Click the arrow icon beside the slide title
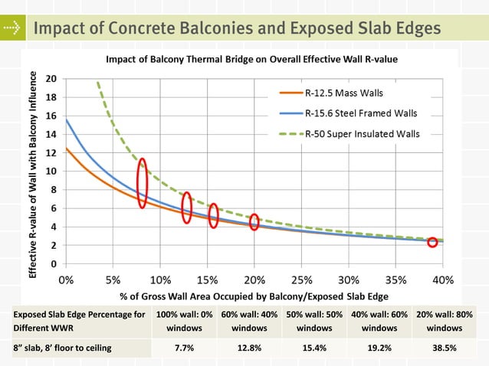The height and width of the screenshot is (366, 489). pos(11,28)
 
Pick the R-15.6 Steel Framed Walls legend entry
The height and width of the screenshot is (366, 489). pos(350,113)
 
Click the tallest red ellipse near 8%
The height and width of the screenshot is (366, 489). pos(142,183)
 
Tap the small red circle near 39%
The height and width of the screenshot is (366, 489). pos(432,242)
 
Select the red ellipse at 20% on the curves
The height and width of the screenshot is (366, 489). pos(254,222)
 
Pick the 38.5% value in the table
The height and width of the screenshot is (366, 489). pos(445,348)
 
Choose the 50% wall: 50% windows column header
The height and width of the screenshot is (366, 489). pos(314,321)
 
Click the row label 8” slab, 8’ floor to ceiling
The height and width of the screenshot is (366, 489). pos(62,348)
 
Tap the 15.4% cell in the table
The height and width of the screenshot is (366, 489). pos(314,348)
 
